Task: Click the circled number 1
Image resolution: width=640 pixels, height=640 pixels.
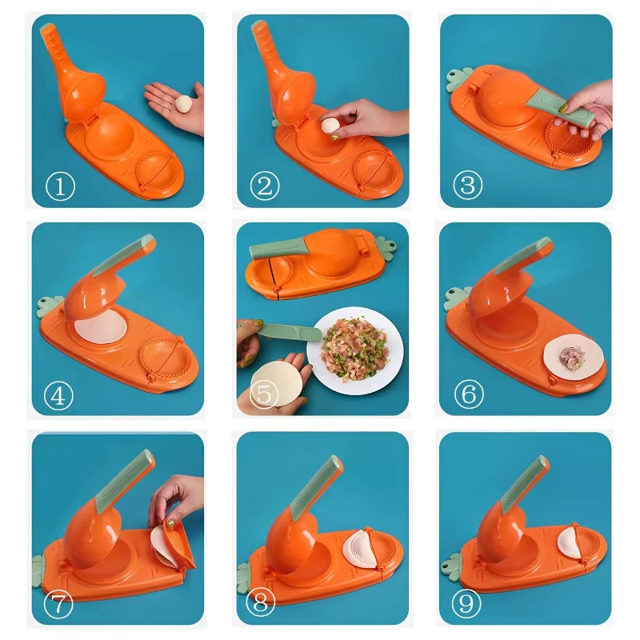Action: pos(60,187)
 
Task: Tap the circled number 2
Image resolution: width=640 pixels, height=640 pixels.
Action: pos(265,186)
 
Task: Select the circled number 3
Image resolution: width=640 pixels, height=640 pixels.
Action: pos(468,186)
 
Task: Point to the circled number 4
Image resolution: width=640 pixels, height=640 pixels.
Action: pos(59,395)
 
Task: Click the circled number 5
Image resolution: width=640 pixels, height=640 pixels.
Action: pos(264,395)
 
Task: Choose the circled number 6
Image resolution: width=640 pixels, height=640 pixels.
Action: pos(469,394)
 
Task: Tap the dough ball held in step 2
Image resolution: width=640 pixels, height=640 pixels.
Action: pos(330,125)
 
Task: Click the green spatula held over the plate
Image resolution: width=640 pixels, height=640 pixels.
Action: pos(287,330)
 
